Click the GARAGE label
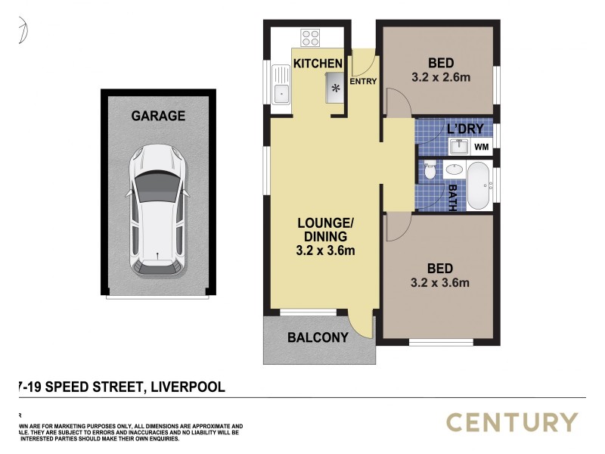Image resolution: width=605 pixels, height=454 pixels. (158, 116)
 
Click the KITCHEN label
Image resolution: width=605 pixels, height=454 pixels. (318, 64)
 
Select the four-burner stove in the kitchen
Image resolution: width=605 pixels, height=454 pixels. (310, 38)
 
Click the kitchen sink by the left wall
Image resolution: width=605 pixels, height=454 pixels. (281, 94)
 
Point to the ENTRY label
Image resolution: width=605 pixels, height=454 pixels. (363, 81)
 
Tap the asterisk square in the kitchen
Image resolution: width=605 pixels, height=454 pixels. (335, 88)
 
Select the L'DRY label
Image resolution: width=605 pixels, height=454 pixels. (465, 129)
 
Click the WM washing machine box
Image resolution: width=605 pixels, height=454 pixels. (481, 147)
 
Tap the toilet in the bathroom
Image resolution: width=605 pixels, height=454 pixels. (429, 171)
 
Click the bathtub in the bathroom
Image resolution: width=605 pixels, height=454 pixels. (479, 185)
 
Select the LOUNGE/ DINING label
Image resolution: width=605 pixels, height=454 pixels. (326, 229)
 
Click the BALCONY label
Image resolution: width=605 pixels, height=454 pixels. (318, 337)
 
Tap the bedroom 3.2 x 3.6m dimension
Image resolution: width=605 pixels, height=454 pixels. (439, 284)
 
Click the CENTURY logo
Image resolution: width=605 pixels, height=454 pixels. (512, 422)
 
